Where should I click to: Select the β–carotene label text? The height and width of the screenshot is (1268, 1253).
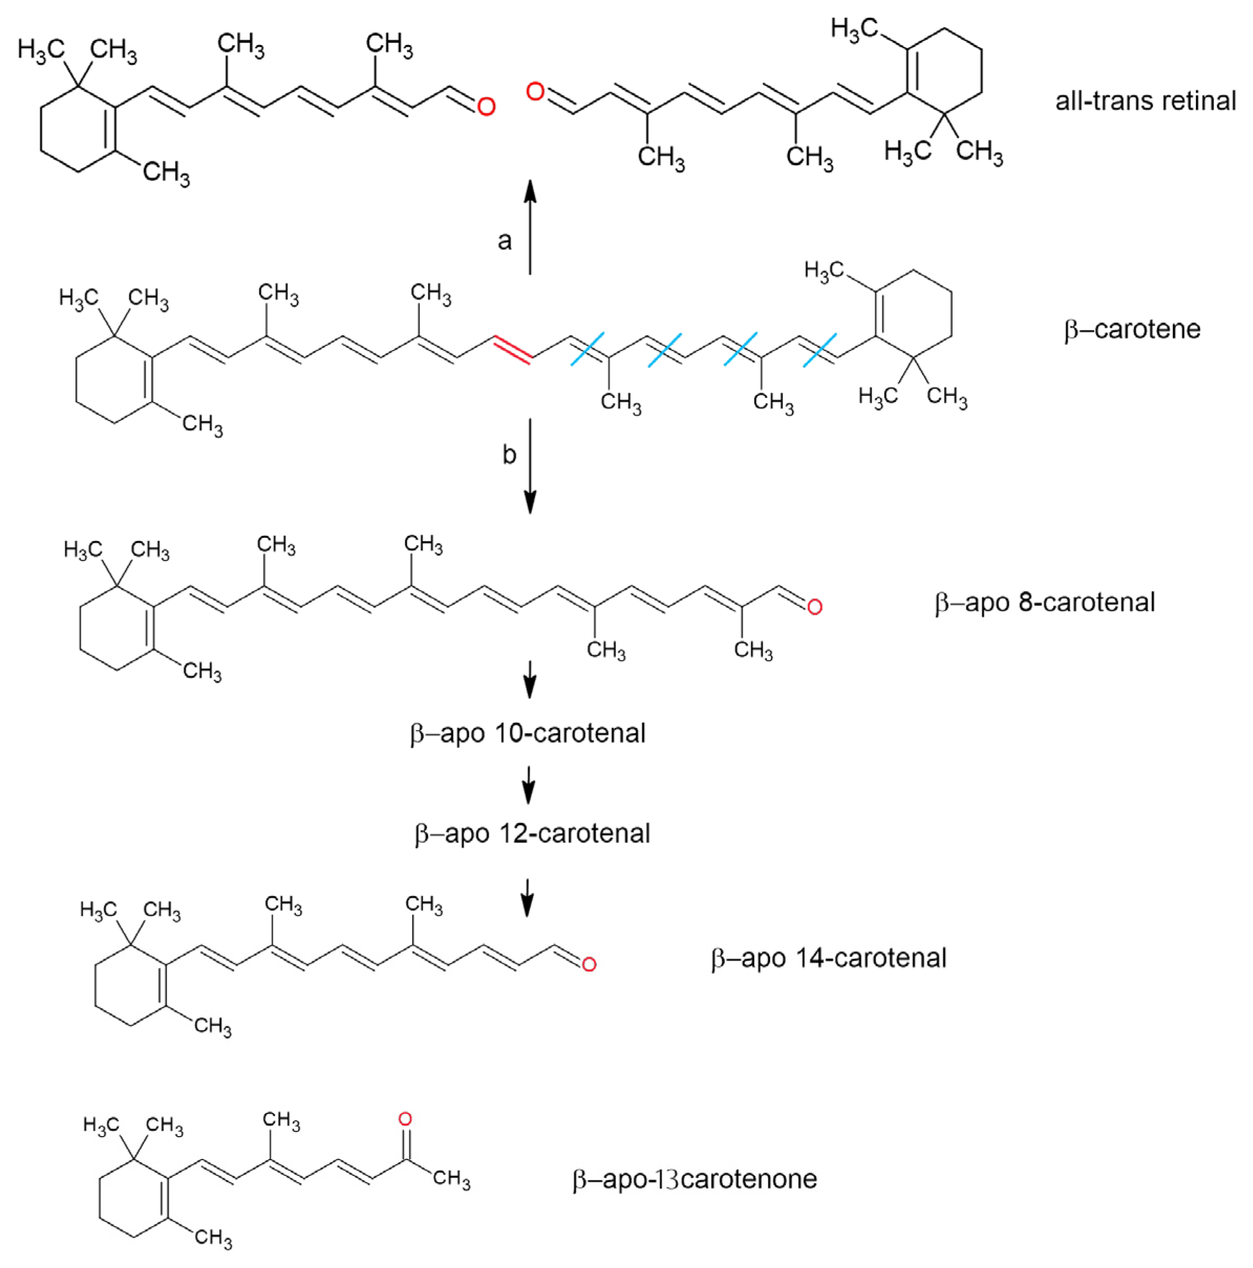click(1131, 329)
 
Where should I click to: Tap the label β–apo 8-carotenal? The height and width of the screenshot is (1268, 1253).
click(1045, 602)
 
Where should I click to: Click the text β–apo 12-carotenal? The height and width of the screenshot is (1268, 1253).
click(532, 833)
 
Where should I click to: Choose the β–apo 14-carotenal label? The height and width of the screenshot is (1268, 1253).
click(828, 958)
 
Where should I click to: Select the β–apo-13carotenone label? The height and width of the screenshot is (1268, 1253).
click(695, 1179)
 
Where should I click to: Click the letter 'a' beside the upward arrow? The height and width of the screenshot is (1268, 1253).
click(504, 241)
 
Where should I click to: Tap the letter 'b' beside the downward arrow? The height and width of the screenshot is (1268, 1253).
click(509, 454)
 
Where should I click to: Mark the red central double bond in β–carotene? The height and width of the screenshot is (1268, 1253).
click(513, 348)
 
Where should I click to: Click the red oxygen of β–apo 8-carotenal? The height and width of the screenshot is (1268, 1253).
click(815, 607)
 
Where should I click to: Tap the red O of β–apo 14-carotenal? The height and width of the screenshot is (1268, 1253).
click(589, 964)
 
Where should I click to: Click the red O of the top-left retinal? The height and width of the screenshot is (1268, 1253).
click(486, 106)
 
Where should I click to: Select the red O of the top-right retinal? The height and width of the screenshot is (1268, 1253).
click(535, 92)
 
